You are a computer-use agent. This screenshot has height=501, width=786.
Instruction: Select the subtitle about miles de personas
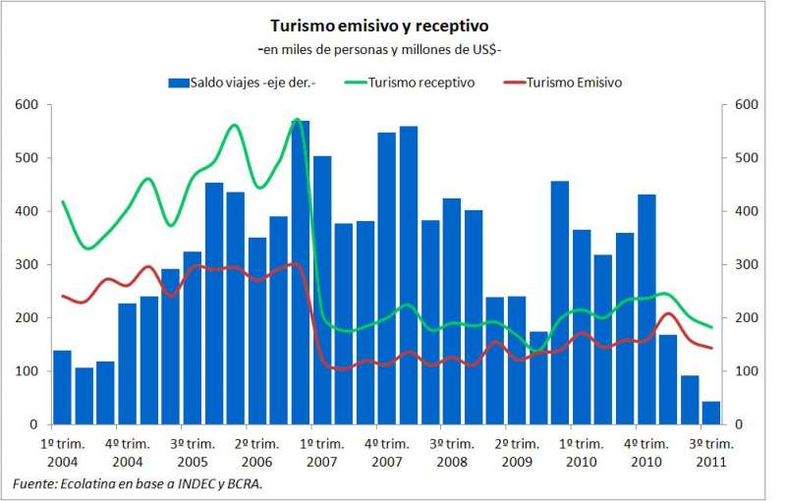(380, 48)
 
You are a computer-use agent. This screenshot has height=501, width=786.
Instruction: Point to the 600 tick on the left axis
(27, 105)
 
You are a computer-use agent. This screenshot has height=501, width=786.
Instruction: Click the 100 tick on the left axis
(27, 371)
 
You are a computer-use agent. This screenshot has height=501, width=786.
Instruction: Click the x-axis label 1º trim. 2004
(62, 452)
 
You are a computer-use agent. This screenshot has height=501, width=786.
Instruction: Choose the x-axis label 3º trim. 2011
(710, 452)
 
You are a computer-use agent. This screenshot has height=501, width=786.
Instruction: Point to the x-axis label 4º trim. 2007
(387, 452)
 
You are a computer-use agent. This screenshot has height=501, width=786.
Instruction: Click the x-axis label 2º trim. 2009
(517, 452)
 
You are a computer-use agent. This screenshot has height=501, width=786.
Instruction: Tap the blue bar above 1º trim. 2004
(62, 388)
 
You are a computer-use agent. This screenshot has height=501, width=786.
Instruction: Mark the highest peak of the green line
(298, 120)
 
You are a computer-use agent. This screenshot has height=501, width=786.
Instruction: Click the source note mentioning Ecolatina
(138, 482)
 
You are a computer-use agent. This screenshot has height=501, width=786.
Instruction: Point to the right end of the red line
(711, 348)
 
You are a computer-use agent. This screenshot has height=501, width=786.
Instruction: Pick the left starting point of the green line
(62, 201)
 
